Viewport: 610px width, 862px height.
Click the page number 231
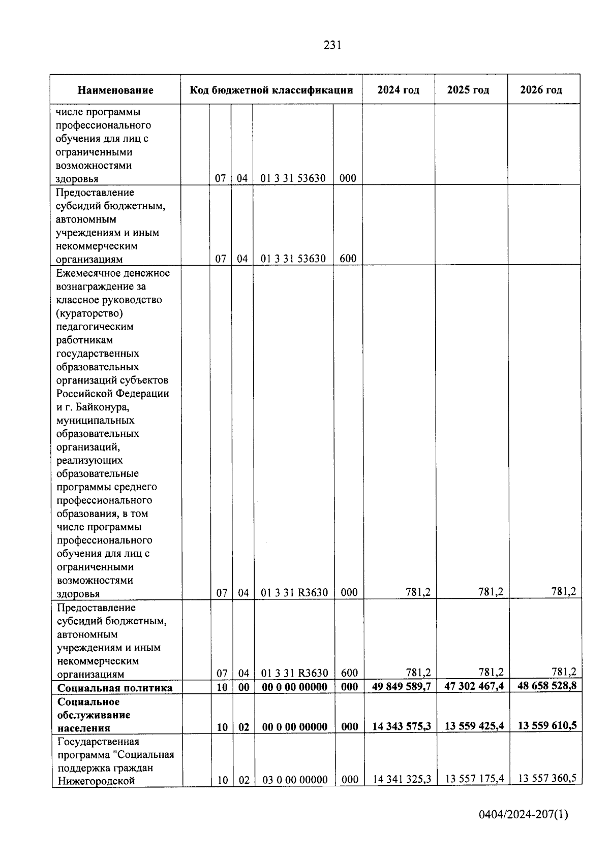332,45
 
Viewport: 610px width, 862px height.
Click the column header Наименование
115,90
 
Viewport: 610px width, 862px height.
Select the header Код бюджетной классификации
271,90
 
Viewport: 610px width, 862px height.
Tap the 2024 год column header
398,90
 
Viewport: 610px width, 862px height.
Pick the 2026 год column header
541,90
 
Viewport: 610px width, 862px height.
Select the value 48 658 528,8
546,686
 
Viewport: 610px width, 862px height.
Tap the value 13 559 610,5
546,725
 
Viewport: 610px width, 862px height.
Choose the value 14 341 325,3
402,779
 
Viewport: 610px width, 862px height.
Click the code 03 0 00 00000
295,780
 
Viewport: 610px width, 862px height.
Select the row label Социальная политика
115,688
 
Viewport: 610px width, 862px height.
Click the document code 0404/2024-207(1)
523,815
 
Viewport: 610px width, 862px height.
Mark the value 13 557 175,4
474,779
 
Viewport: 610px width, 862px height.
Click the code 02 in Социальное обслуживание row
244,727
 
